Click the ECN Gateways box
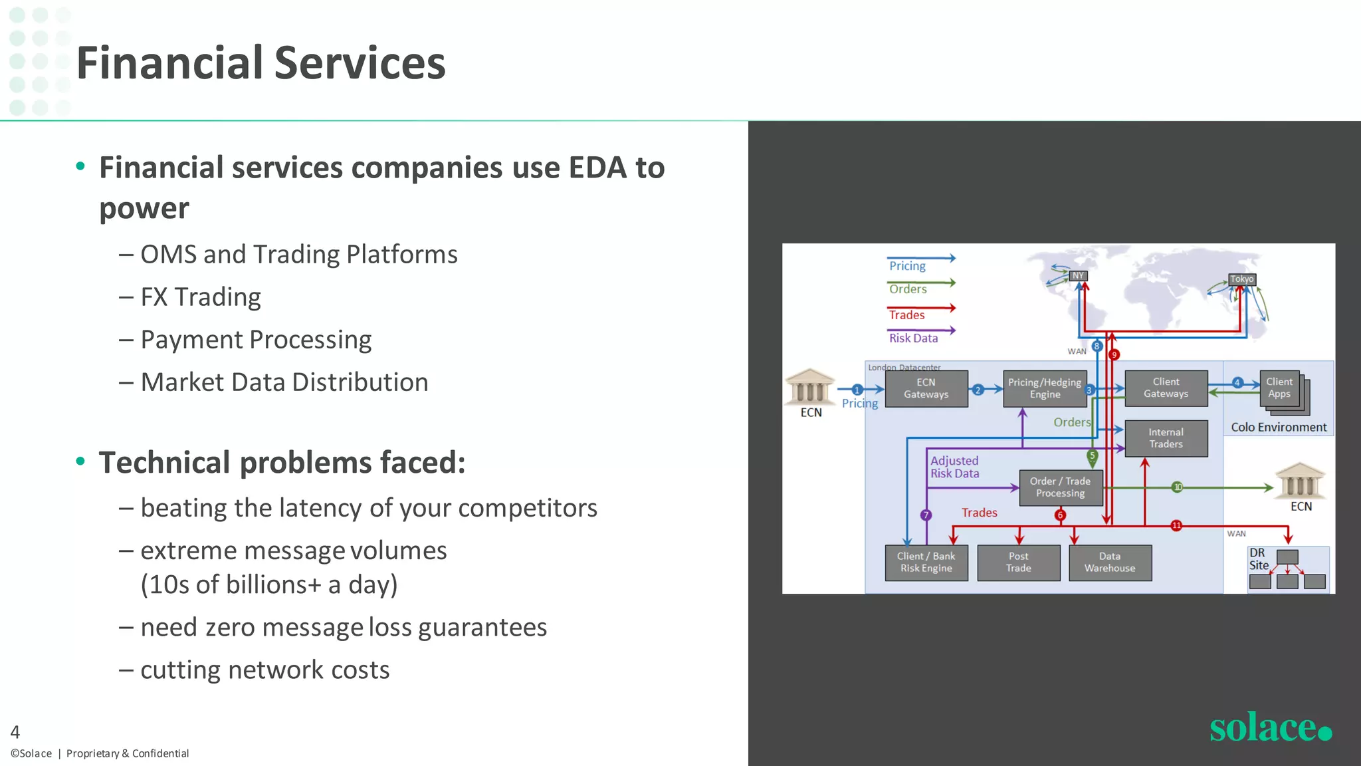[926, 388]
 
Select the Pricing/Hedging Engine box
[1045, 388]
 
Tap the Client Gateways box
[1166, 388]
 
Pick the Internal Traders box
[1166, 438]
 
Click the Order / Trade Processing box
[1060, 487]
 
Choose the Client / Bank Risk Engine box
[926, 563]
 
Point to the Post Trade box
[1018, 563]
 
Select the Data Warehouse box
[1110, 563]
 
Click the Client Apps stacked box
[1280, 388]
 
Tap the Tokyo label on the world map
[1241, 279]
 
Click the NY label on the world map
[1078, 276]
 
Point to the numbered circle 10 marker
[1178, 487]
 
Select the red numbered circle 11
[1176, 525]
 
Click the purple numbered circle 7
[926, 515]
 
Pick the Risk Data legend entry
[914, 338]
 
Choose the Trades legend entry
[907, 315]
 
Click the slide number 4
[15, 732]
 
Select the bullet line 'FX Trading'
[201, 297]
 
